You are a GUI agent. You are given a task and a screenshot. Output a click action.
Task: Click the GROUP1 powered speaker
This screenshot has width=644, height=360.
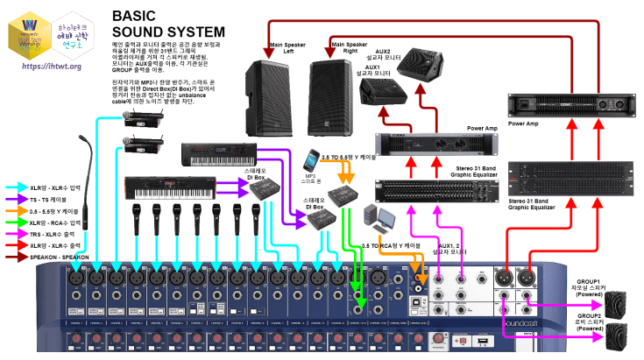[617, 302]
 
